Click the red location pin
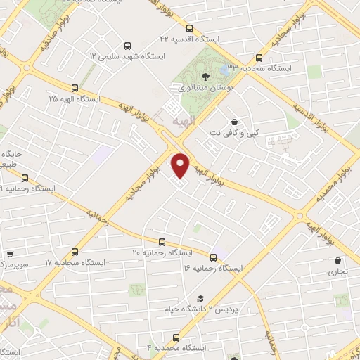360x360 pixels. pos(181,165)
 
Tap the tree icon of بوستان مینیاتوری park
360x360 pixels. pos(205,77)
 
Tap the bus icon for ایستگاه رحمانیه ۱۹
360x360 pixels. pos(25,178)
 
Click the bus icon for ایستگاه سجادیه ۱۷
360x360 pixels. pos(75,251)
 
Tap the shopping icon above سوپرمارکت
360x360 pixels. pos(10,256)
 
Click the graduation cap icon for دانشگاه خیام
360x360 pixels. pos(200,298)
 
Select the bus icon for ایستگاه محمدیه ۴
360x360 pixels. pos(176,337)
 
